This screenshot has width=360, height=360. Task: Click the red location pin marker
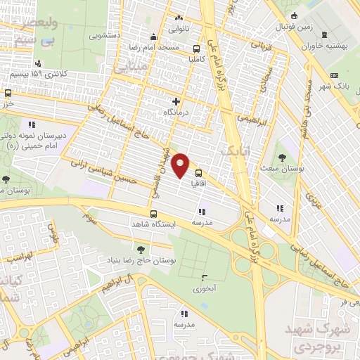[181, 165]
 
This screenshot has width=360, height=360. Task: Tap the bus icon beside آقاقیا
[198, 173]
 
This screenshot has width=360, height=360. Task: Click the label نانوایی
[179, 29]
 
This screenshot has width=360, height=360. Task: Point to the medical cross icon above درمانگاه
[176, 102]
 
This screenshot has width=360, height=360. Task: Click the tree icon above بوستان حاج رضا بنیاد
[141, 249]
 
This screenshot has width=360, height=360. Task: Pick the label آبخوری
[205, 287]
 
